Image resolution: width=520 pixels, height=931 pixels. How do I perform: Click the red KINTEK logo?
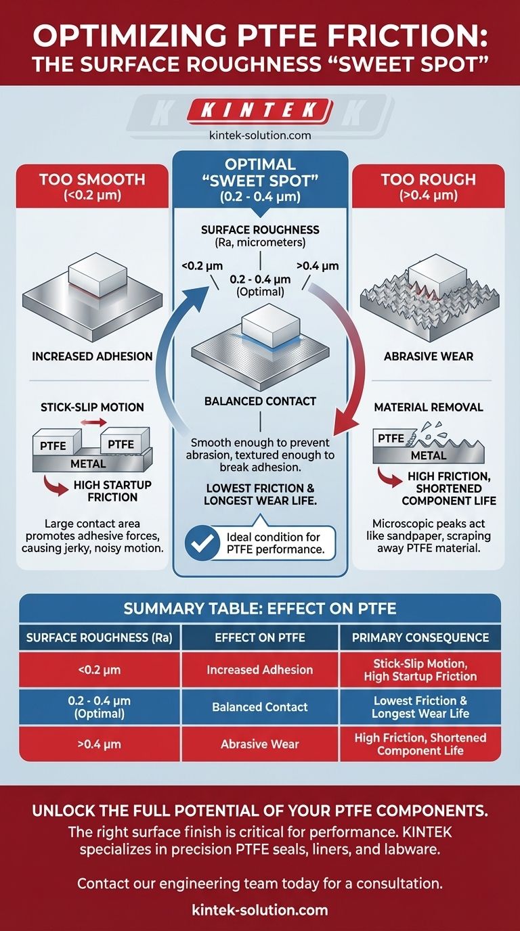(261, 111)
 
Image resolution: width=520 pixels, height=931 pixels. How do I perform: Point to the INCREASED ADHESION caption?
(91, 356)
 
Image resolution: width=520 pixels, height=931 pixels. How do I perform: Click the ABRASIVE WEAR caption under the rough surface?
(429, 356)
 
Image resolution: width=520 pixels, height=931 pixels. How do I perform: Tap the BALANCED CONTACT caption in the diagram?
(261, 401)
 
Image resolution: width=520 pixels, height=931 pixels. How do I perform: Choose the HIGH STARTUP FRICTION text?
(112, 491)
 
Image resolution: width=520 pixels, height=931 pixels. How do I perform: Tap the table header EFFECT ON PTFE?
(260, 637)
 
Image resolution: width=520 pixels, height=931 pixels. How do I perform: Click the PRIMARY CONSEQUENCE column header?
(420, 637)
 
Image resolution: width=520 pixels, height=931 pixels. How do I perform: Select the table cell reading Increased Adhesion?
(260, 670)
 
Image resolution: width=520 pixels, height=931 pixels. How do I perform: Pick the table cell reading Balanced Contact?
(260, 707)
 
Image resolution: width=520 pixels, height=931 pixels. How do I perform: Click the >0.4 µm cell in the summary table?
(99, 744)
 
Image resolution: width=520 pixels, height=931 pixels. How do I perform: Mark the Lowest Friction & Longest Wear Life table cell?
(420, 707)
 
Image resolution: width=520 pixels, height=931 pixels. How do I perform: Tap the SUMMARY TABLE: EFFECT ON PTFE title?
(260, 608)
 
